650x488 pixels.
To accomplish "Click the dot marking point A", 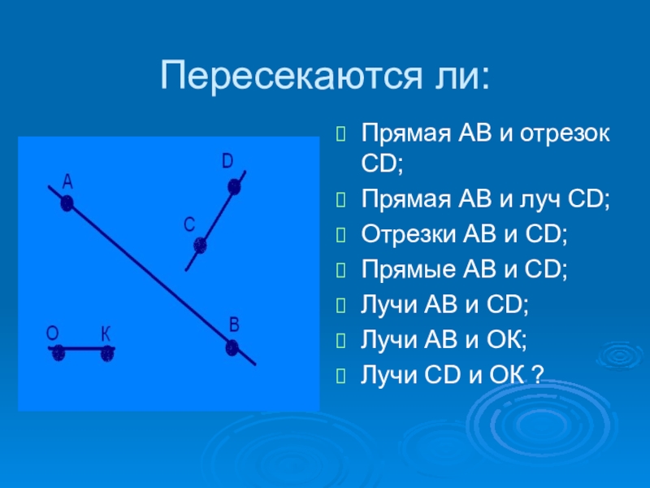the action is (67, 203).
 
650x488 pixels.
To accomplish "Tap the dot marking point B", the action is (232, 348).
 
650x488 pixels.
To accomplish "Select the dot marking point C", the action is (200, 246).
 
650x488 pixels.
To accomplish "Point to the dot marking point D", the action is (234, 187).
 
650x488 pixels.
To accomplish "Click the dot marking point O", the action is (58, 353).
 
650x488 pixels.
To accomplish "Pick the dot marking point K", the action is (107, 353).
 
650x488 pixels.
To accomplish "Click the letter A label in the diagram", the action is (67, 181).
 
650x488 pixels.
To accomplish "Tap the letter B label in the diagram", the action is (234, 325).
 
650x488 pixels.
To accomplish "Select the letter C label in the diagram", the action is (189, 225).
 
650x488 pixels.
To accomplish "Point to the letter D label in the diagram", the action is (227, 161).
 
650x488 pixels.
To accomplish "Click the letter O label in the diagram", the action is (53, 333).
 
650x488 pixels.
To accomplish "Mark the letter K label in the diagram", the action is (106, 333).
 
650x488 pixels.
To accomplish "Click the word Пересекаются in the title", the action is (291, 75).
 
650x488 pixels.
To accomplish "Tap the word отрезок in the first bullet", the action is (565, 133).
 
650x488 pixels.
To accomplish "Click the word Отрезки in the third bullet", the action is (409, 233).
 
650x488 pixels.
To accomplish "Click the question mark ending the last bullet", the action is (537, 374).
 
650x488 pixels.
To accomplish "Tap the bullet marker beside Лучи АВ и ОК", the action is (340, 341).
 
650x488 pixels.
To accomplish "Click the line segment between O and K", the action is (82, 349).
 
